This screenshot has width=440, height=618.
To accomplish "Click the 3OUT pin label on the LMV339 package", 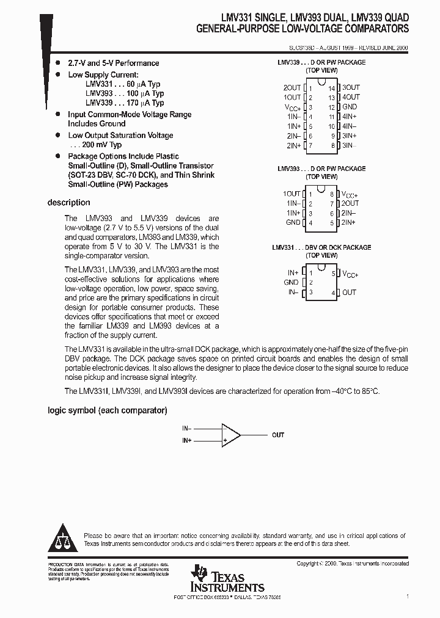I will pyautogui.click(x=351, y=88).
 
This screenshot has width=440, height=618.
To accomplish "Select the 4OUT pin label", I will pyautogui.click(x=351, y=97).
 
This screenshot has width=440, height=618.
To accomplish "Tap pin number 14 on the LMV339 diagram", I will pyautogui.click(x=332, y=88).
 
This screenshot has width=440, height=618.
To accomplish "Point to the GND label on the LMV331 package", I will pyautogui.click(x=291, y=283).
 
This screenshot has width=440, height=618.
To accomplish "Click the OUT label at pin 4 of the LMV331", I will pyautogui.click(x=348, y=293).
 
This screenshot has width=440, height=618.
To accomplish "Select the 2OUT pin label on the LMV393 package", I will pyautogui.click(x=350, y=203).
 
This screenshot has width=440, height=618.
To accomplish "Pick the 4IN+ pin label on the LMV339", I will pyautogui.click(x=350, y=117).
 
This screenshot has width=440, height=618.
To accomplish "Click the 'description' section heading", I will pyautogui.click(x=68, y=203).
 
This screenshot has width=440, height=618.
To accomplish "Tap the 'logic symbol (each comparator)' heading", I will pyautogui.click(x=107, y=411).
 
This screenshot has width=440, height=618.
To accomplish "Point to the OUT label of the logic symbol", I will pyautogui.click(x=278, y=435).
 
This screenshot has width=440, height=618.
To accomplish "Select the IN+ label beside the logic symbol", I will pyautogui.click(x=186, y=440).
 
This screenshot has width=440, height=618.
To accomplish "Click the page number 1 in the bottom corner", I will pyautogui.click(x=407, y=595).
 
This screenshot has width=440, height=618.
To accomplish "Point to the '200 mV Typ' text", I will pyautogui.click(x=99, y=145).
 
